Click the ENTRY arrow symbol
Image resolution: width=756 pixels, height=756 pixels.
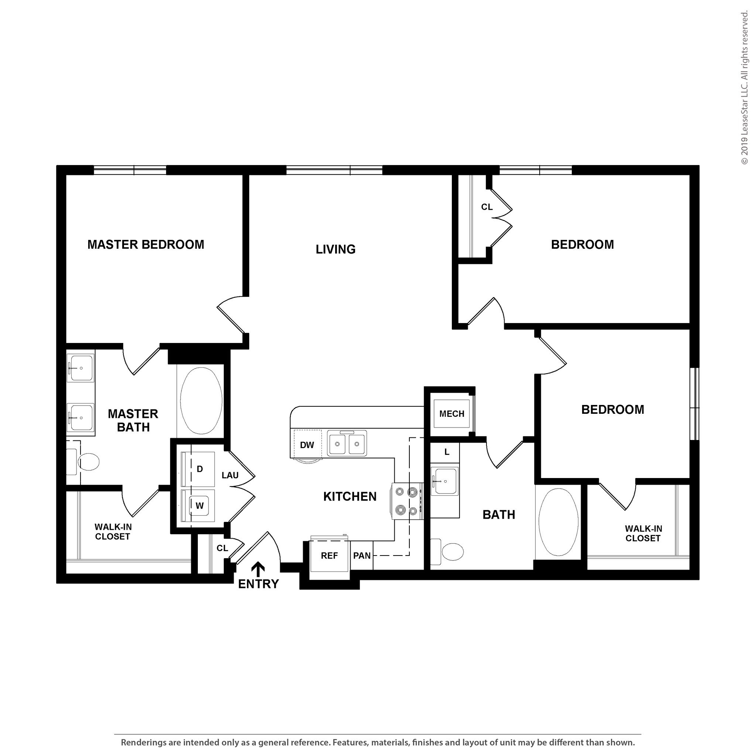click(258, 569)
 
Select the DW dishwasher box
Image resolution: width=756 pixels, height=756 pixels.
click(307, 444)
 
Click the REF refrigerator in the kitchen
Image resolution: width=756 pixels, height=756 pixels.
click(329, 556)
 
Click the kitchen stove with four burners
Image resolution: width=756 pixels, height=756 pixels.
click(407, 501)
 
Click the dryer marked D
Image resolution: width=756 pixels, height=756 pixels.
click(199, 469)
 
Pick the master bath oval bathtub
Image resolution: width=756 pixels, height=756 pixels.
click(201, 400)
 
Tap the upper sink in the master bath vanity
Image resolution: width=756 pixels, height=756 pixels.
click(80, 368)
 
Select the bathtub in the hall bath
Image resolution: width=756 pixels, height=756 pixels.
click(558, 522)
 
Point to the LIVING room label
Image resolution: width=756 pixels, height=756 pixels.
click(335, 249)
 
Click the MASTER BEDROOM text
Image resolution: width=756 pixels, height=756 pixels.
click(145, 245)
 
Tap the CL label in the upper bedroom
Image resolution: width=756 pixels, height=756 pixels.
click(487, 207)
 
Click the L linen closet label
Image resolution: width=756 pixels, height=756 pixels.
click(447, 452)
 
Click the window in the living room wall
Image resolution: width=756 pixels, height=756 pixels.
click(334, 170)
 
